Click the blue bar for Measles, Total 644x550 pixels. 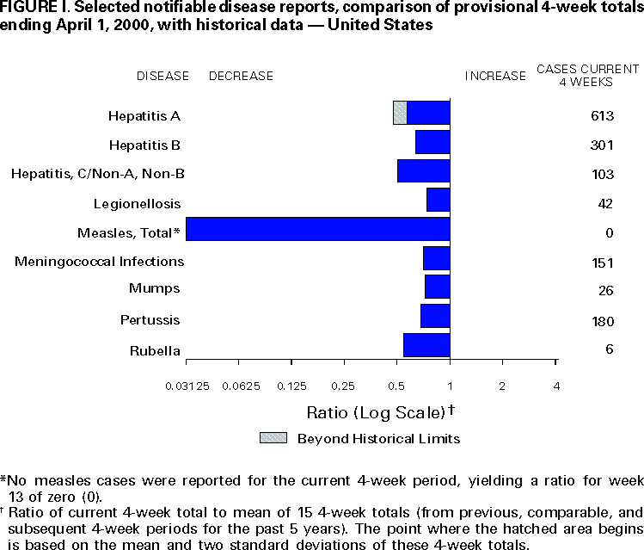pos(317,229)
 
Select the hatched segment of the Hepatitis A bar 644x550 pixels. pos(400,113)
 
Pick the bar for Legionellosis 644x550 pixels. pos(439,200)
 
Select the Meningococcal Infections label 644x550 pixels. pos(99,261)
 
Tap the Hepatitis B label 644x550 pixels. pos(144,144)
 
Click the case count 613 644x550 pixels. pos(601,116)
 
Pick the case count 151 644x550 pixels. pos(601,262)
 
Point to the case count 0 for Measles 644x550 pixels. pos(608,233)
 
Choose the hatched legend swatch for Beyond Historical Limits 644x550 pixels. pos(273,437)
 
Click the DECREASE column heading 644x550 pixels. pos(241,76)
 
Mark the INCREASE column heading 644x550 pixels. pos(495,76)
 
